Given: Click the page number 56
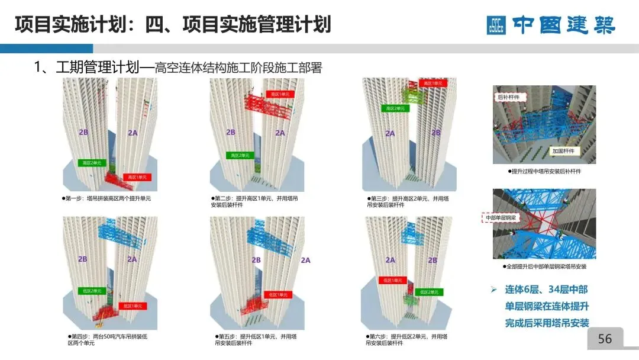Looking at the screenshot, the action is [605, 339].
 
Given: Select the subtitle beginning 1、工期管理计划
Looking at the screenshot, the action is [178, 67].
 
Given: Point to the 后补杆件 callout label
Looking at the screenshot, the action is [508, 94].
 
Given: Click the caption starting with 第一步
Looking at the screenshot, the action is [106, 198].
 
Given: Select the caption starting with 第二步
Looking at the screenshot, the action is [254, 202].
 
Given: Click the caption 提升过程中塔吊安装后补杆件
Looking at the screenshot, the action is [544, 171].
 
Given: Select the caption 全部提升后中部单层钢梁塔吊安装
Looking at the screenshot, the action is [544, 267].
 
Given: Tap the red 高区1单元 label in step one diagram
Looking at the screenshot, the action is [137, 177].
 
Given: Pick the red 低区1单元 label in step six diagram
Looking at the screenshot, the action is [391, 280].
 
